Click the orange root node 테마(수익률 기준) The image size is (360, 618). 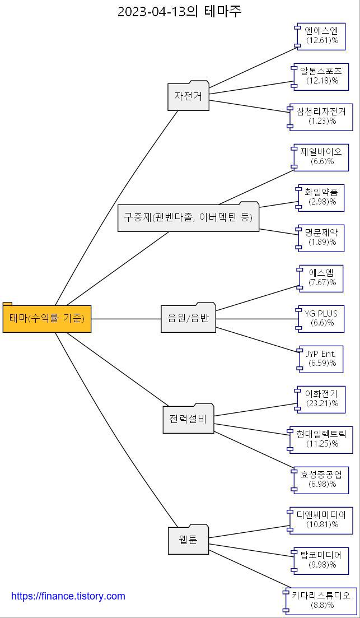[x=47, y=319]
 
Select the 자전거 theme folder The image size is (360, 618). [x=188, y=96]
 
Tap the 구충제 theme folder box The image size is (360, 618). [x=188, y=217]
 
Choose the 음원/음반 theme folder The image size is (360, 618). [x=188, y=318]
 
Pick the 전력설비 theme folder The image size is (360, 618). [x=188, y=419]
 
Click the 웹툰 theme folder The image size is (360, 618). [x=188, y=541]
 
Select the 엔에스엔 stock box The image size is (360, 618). [x=322, y=36]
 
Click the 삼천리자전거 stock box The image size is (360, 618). [x=322, y=117]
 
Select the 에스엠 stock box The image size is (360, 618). [x=322, y=278]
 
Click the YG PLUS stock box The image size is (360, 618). [x=322, y=318]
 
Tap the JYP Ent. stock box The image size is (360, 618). [x=321, y=359]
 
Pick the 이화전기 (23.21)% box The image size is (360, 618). [x=322, y=399]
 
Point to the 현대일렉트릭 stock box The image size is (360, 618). [x=322, y=439]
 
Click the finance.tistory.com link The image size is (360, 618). [x=68, y=596]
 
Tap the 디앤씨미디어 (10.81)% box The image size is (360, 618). [x=322, y=520]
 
